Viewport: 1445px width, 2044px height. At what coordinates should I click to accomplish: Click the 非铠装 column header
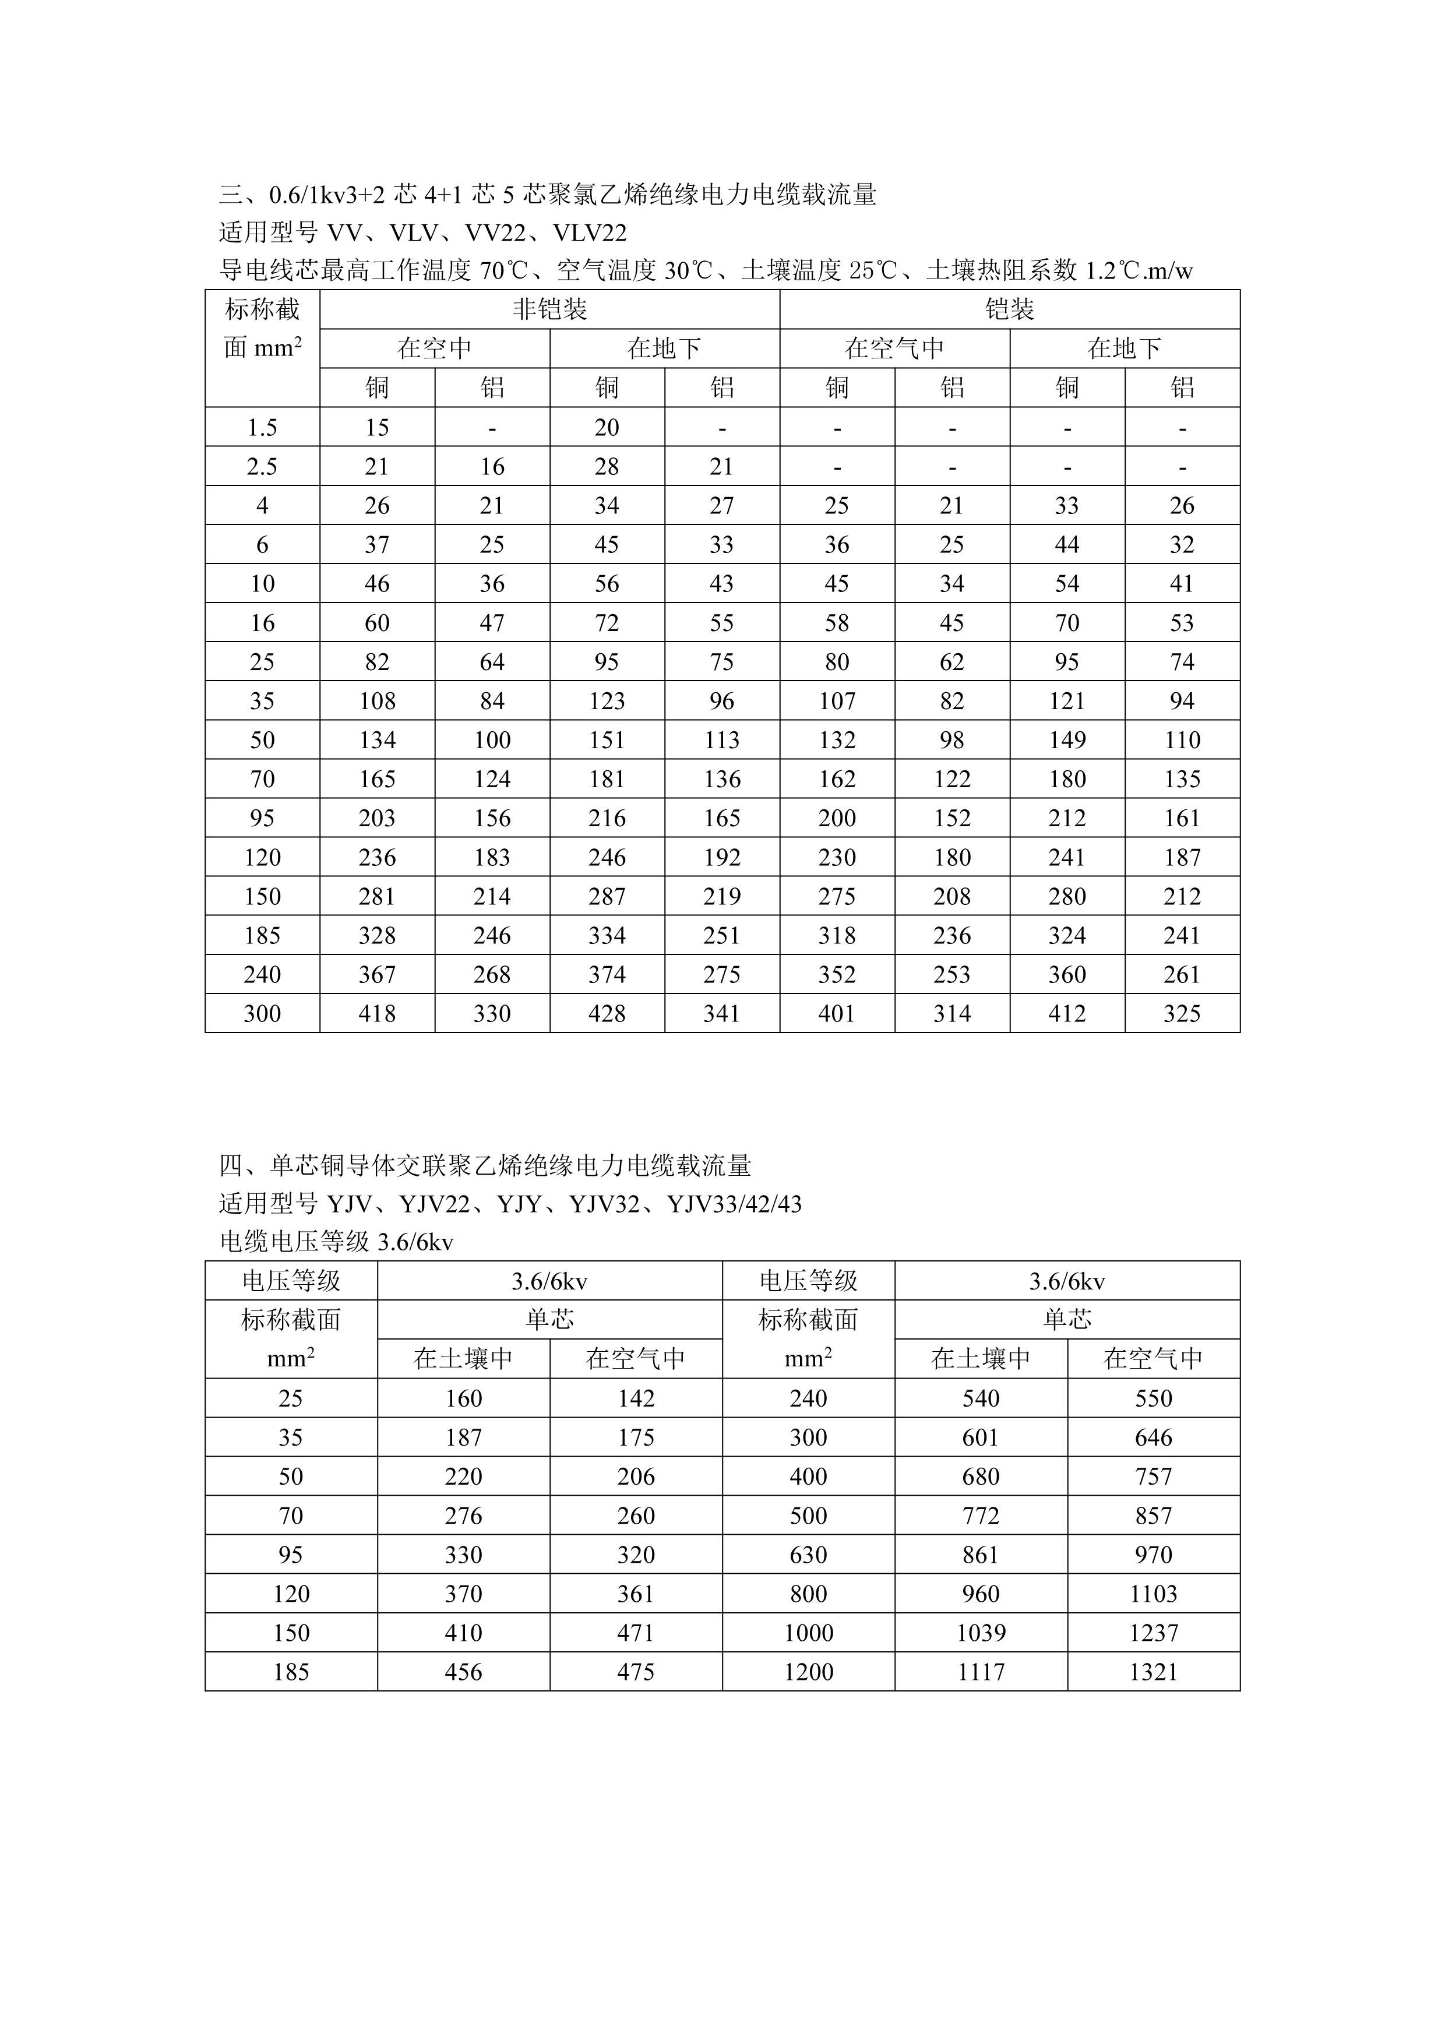click(549, 310)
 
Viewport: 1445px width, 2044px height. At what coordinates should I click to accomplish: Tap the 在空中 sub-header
click(435, 348)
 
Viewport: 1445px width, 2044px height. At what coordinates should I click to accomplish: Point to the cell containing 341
click(721, 1013)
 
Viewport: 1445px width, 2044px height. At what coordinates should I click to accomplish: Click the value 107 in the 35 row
click(836, 700)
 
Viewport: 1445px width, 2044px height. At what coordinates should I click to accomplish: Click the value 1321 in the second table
click(1153, 1672)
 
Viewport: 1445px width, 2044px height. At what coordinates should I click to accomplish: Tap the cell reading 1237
click(1153, 1633)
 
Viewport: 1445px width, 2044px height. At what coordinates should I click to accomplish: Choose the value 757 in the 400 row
click(1153, 1476)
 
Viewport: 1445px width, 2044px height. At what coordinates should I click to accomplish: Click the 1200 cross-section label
click(808, 1672)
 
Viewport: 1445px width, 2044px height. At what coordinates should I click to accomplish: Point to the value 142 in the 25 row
click(636, 1398)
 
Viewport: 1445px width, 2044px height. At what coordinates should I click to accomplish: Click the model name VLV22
click(590, 233)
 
